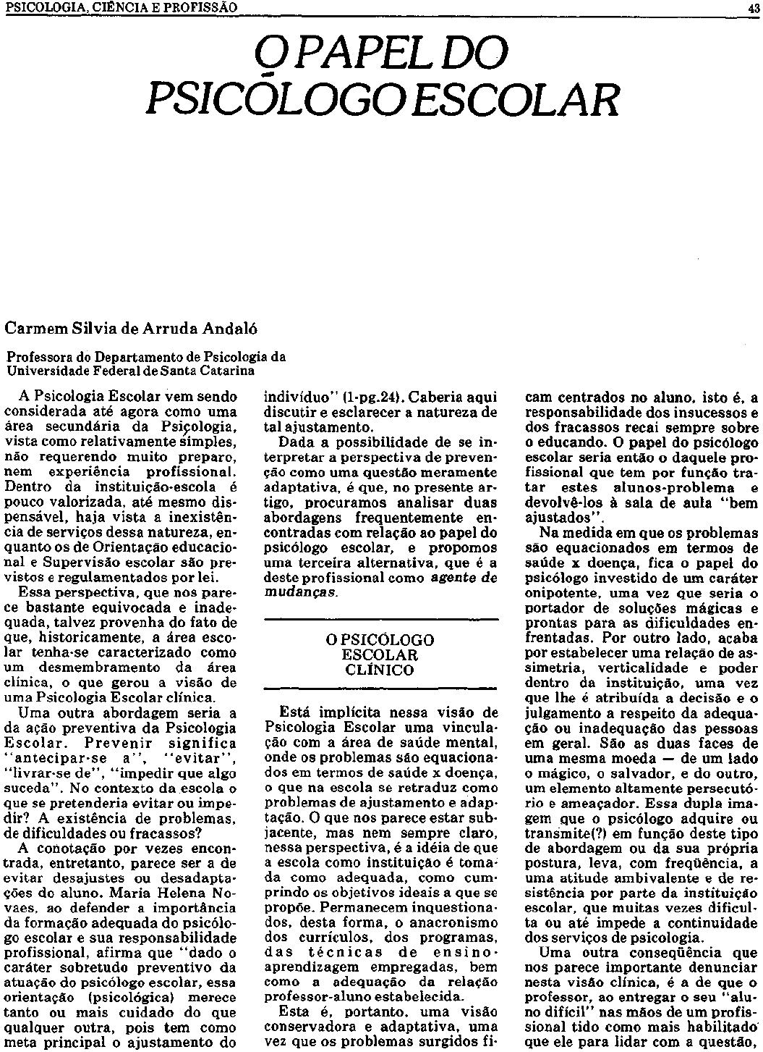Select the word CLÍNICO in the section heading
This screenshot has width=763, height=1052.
tap(380, 670)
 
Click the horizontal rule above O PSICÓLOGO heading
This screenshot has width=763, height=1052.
tap(380, 620)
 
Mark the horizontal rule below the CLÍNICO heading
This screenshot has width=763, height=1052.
tap(380, 689)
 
